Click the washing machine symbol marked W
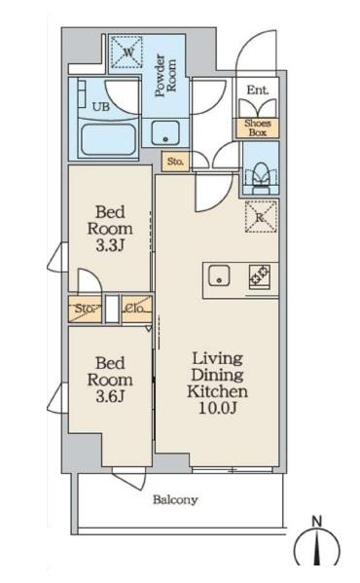click(x=127, y=53)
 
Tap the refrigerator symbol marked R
click(x=261, y=217)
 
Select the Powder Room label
click(x=165, y=76)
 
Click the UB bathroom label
click(x=101, y=107)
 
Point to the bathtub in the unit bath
click(x=108, y=140)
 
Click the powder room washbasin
click(x=165, y=133)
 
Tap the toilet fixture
click(x=261, y=177)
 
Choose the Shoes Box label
click(x=257, y=128)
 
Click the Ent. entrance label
click(x=258, y=90)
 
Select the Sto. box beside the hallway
click(x=175, y=162)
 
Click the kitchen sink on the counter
click(x=219, y=275)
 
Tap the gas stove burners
click(x=260, y=275)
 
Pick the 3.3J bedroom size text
click(x=110, y=246)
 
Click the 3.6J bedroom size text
click(x=110, y=396)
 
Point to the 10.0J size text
click(x=218, y=408)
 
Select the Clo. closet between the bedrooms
click(x=137, y=309)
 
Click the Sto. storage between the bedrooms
click(x=85, y=309)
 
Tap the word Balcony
click(x=175, y=500)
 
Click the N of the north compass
click(x=316, y=522)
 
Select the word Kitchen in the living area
click(x=217, y=391)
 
